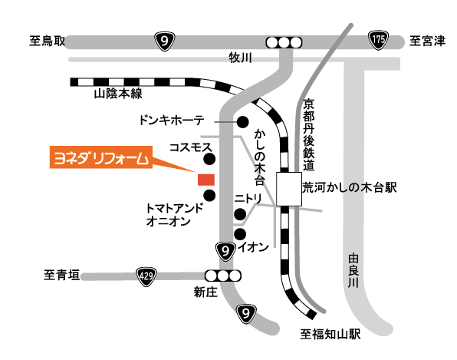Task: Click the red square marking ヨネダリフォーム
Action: (206, 180)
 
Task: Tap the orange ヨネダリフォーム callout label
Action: (101, 157)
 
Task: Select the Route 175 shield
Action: (378, 40)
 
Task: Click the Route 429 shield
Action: (146, 276)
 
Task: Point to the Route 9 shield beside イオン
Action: (225, 251)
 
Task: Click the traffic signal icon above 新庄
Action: (223, 276)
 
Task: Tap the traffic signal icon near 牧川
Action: (284, 43)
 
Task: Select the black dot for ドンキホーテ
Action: (242, 122)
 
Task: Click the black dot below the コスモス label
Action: (209, 160)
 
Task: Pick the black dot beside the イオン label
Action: (240, 234)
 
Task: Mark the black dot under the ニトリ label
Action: (240, 214)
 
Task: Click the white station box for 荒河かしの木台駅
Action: (289, 189)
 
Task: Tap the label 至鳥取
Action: (48, 41)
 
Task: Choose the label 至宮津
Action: (427, 41)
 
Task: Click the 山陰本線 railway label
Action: (118, 94)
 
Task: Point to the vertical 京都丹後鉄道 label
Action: (308, 134)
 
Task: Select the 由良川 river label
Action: (353, 270)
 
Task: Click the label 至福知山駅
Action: (330, 335)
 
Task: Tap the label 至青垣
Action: (62, 275)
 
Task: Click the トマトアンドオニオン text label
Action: (174, 215)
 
